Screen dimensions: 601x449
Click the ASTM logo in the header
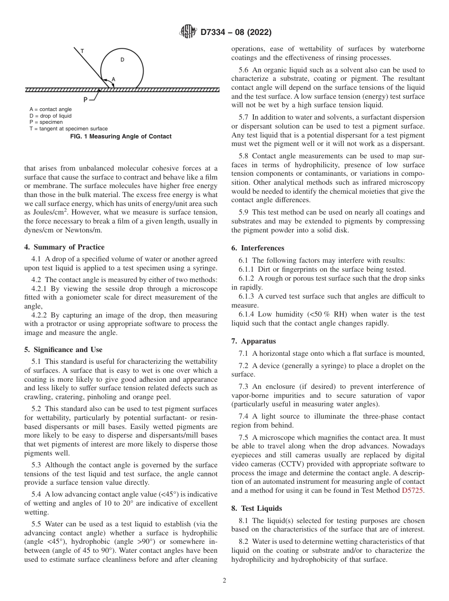[188, 33]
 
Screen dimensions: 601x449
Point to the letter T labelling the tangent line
[82, 51]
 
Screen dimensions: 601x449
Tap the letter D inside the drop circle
[122, 60]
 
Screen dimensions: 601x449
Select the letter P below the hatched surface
[85, 99]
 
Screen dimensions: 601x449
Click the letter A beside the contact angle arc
[113, 79]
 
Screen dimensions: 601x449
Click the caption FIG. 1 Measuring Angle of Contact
[121, 137]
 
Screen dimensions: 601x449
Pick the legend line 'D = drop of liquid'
[51, 116]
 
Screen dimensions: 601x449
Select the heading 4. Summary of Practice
[64, 247]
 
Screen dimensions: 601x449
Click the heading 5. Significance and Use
[63, 350]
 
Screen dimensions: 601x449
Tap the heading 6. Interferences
[258, 248]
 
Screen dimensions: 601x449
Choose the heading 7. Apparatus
[253, 341]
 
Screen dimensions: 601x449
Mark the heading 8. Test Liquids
[256, 508]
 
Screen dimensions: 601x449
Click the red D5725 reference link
[413, 490]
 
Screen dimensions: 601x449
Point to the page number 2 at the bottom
[224, 581]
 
